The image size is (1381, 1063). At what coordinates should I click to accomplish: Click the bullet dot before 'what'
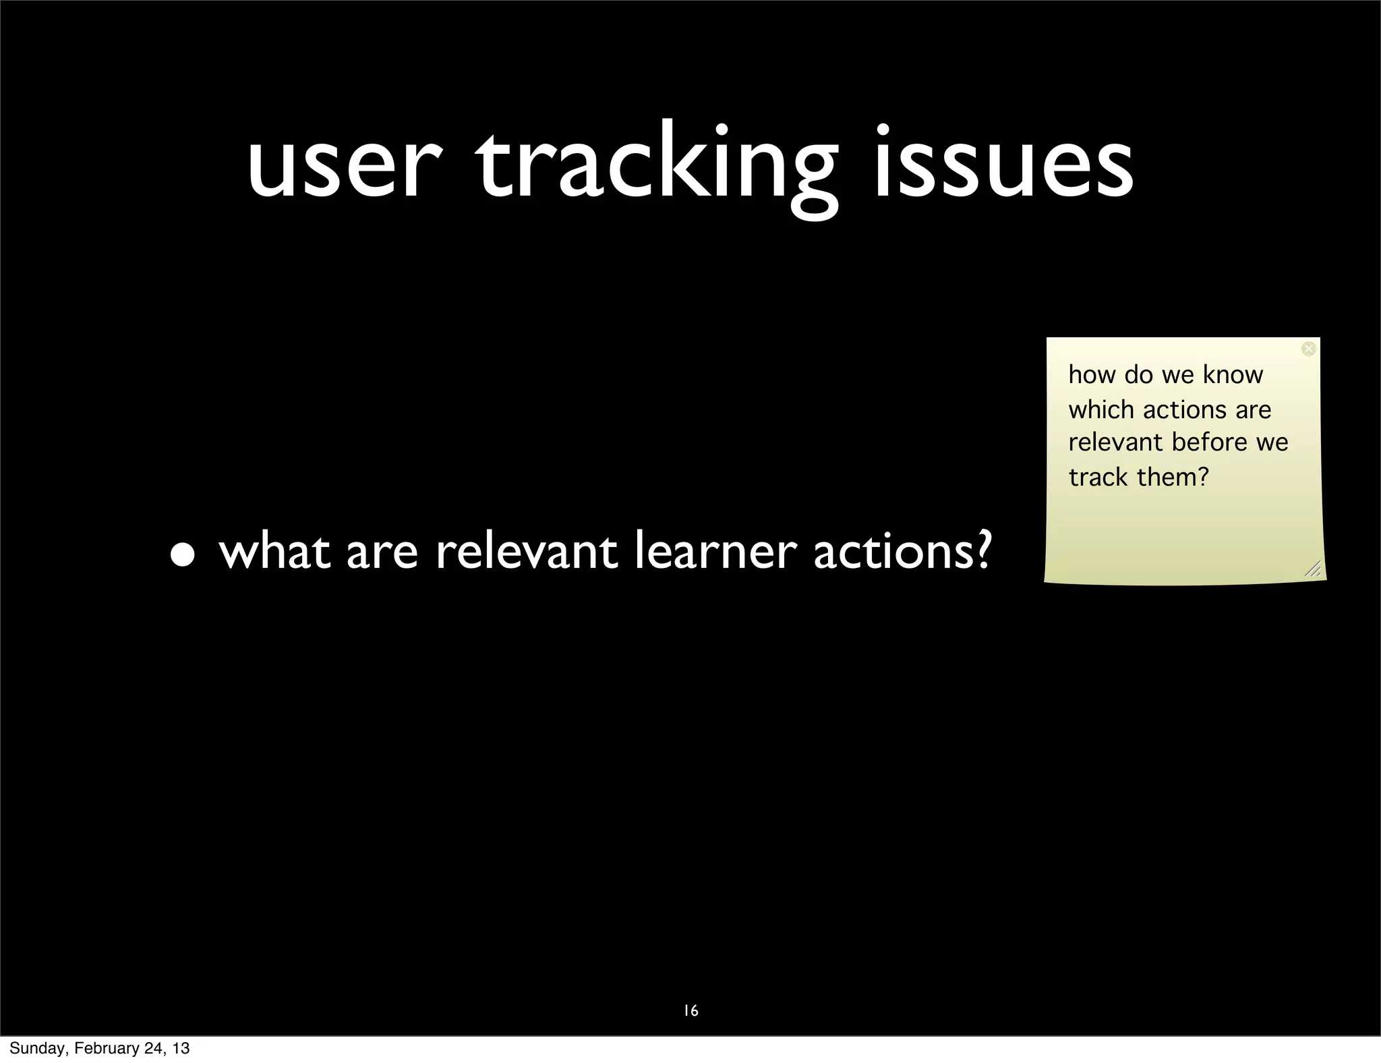[183, 554]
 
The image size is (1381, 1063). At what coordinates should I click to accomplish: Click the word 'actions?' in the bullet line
[903, 551]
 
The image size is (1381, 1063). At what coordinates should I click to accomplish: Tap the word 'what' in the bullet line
[274, 551]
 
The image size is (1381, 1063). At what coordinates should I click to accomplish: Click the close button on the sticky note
[1308, 349]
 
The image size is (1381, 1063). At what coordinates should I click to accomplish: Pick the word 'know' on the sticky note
[1233, 375]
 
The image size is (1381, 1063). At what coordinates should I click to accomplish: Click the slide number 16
[690, 1010]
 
